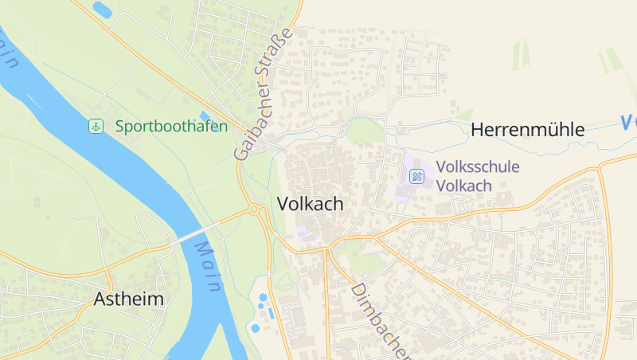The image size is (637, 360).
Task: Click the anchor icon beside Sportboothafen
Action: click(96, 126)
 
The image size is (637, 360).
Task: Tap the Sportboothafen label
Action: click(170, 126)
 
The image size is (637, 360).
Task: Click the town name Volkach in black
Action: click(311, 204)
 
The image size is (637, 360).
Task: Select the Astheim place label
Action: click(129, 299)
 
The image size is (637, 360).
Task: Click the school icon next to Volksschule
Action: click(416, 176)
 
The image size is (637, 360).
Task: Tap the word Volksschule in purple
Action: click(478, 167)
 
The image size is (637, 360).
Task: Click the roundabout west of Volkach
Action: click(256, 209)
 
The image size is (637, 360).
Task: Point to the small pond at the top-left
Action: click(102, 10)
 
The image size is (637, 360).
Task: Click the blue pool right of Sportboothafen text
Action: click(205, 117)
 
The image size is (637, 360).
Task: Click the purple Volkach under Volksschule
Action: click(464, 185)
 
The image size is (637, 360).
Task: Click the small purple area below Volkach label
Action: click(305, 233)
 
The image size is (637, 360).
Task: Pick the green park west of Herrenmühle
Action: click(365, 130)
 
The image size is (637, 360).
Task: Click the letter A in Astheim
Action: click(100, 299)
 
